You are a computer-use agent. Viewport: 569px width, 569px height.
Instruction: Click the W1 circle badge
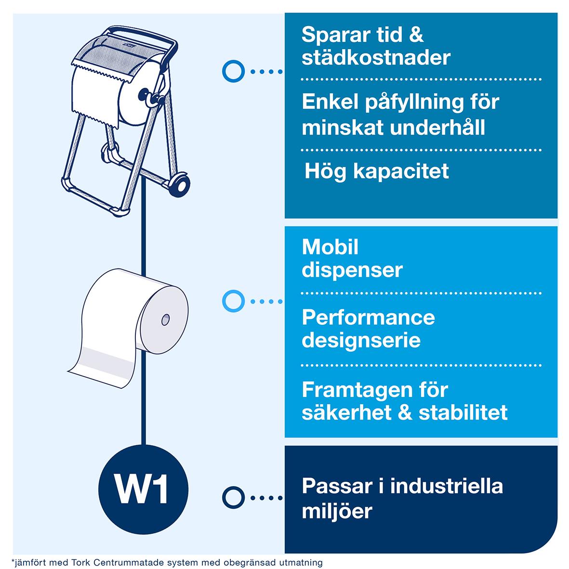(143, 490)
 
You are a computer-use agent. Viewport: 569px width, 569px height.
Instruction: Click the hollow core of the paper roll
(165, 318)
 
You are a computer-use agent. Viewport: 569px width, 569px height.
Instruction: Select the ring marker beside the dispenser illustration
(233, 72)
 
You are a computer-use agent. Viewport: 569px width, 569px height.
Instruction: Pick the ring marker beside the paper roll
(233, 301)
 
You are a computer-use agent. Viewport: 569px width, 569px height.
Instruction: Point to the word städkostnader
(376, 58)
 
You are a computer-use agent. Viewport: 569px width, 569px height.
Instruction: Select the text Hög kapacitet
(376, 172)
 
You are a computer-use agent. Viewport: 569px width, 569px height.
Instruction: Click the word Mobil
(330, 247)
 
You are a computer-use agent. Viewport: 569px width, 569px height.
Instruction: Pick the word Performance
(368, 318)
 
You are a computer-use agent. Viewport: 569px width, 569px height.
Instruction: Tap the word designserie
(361, 340)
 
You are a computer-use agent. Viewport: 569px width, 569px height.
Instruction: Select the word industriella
(447, 486)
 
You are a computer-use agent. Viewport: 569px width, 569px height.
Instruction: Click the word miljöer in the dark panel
(337, 511)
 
